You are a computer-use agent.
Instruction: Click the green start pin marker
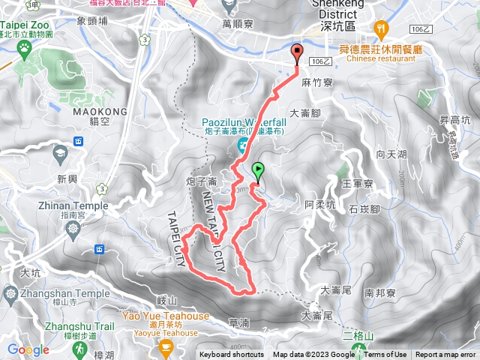click(x=259, y=171)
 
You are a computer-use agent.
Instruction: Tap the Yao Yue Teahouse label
click(x=166, y=316)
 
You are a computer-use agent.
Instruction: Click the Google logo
click(x=28, y=349)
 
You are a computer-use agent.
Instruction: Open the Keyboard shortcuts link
click(x=232, y=355)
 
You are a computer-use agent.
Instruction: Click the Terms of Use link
click(x=385, y=355)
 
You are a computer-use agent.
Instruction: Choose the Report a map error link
click(x=446, y=355)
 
